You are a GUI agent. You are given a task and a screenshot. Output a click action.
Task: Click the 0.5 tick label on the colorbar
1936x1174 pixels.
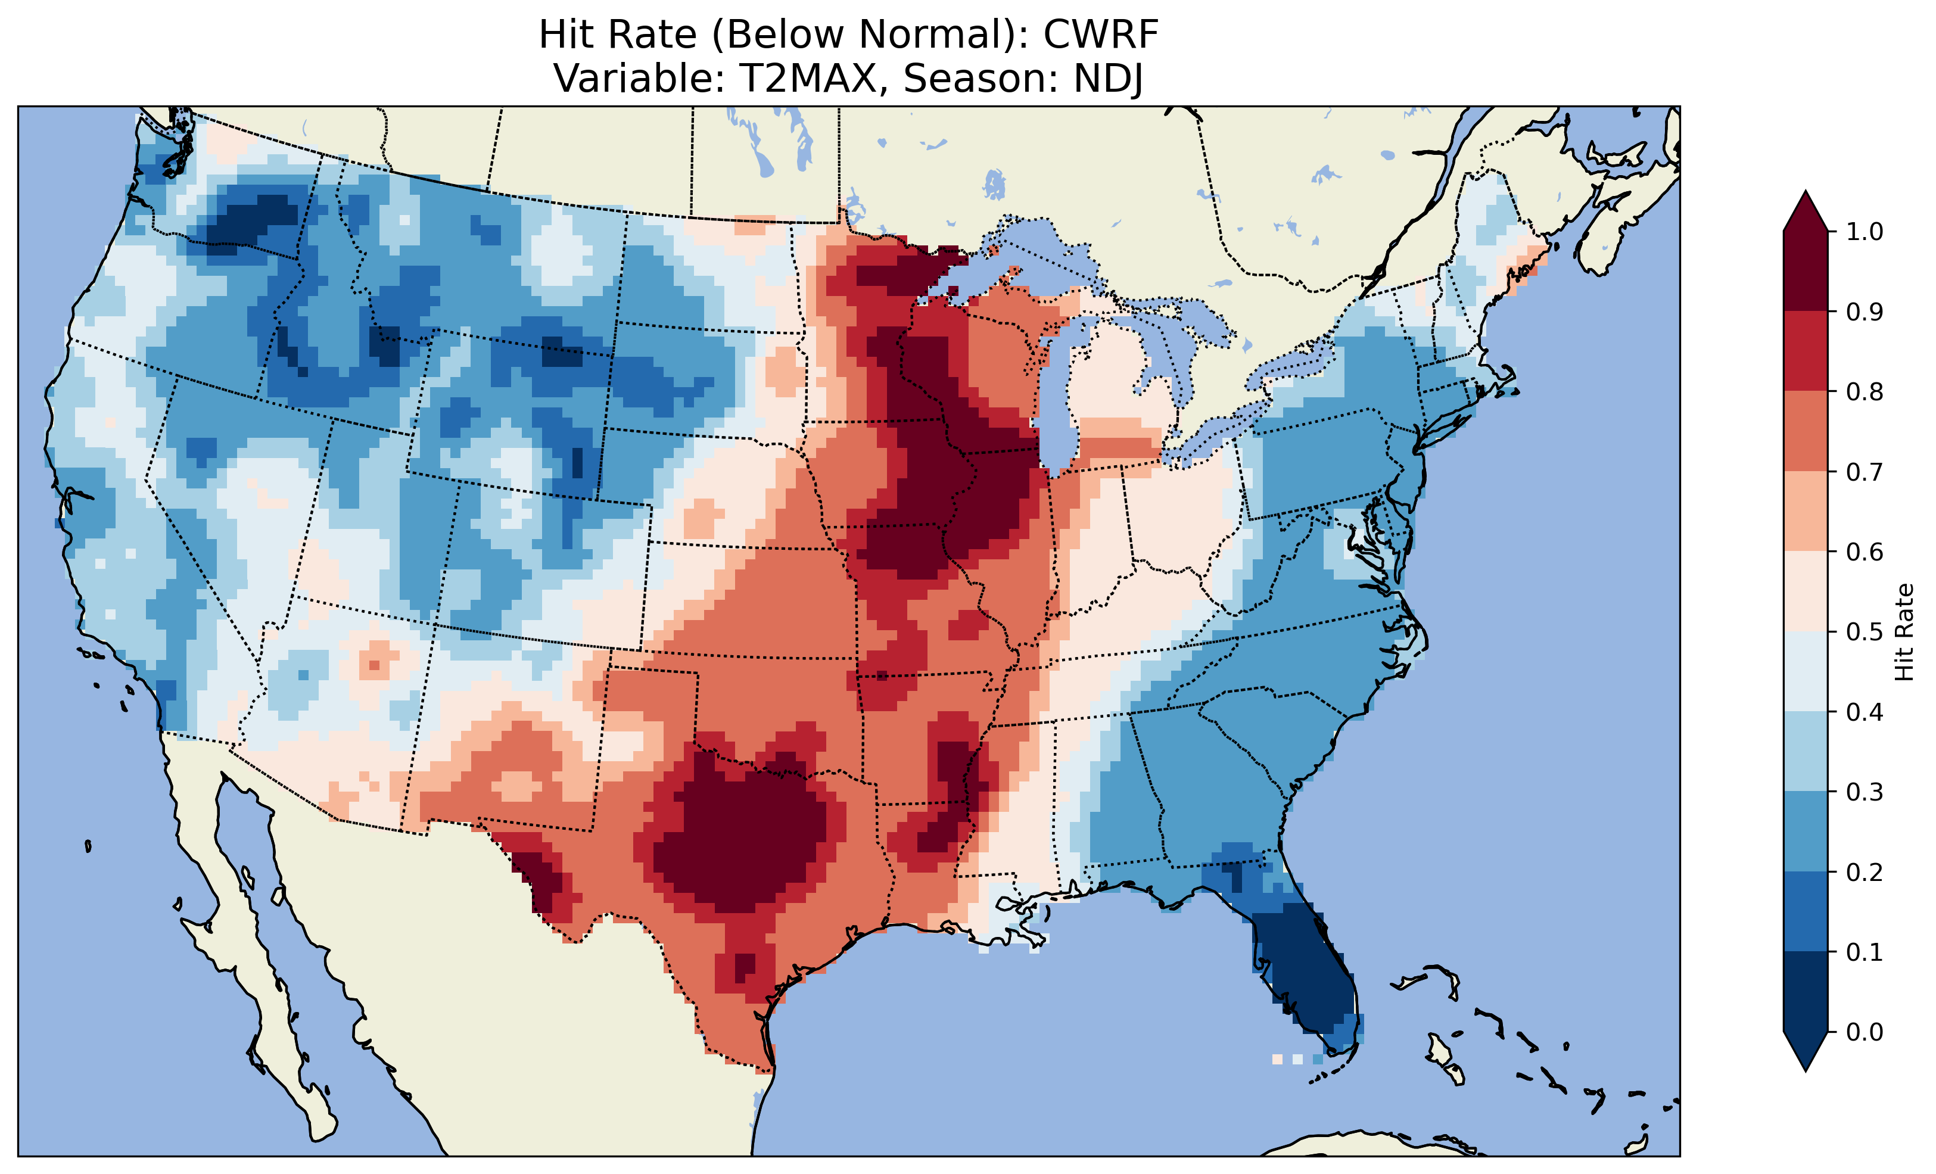[1865, 632]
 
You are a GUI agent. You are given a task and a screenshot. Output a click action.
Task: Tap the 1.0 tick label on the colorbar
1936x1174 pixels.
[1865, 232]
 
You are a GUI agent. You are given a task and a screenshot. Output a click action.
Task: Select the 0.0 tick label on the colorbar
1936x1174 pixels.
[1865, 1032]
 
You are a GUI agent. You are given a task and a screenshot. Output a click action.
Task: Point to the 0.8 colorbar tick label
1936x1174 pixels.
[1865, 391]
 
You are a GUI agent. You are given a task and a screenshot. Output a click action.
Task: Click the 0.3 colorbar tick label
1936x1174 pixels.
[1865, 792]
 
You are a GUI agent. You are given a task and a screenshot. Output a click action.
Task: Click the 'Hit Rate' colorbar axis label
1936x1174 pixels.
[1904, 632]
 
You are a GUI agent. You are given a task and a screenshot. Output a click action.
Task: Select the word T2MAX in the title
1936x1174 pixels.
[808, 79]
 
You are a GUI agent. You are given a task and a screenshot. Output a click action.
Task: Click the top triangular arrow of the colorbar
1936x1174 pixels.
[1806, 211]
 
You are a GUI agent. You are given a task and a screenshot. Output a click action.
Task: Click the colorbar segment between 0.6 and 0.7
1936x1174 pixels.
[1806, 511]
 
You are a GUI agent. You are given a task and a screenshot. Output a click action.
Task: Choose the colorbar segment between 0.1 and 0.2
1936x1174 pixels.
[1806, 911]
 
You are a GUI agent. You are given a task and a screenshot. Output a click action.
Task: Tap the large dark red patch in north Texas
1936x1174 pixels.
[739, 841]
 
